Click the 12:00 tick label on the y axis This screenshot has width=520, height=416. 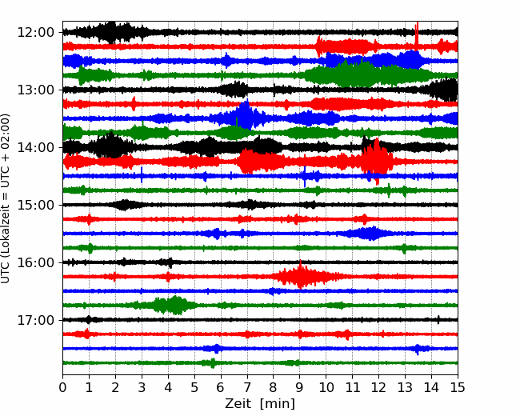coord(35,33)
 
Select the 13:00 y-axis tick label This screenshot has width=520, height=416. coord(35,90)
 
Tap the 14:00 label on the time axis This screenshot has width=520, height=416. coord(35,147)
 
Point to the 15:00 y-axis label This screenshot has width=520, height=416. coord(35,205)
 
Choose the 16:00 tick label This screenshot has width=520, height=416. coord(35,262)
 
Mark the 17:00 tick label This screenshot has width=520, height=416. coord(35,320)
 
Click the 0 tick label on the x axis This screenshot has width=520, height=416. coord(62,387)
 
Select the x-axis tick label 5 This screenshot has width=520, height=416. coord(194,387)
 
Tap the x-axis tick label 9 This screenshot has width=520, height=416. coord(300,387)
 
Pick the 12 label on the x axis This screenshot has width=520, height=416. coord(378,387)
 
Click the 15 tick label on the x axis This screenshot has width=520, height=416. coord(458,387)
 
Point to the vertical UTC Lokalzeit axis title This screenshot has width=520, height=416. coord(6,198)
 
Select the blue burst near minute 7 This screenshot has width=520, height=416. coord(246,116)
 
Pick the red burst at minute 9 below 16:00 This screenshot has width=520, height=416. coord(301,276)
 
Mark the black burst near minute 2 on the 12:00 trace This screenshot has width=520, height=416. coord(112,32)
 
